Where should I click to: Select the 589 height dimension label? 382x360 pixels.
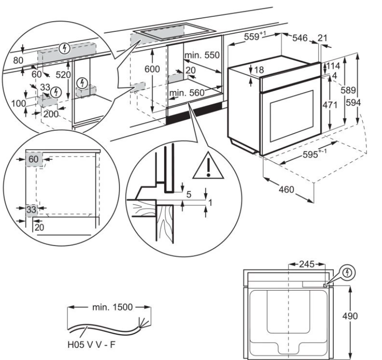click(x=348, y=90)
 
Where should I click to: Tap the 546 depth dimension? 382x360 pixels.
click(x=302, y=39)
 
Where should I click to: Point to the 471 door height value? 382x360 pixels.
click(x=330, y=105)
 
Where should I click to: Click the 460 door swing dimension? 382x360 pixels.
click(x=286, y=190)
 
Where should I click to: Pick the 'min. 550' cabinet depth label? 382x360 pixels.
click(x=202, y=55)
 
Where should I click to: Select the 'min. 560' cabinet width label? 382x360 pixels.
click(x=187, y=93)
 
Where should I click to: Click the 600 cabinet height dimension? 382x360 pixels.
click(x=152, y=69)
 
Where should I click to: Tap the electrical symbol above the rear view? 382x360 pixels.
click(x=348, y=271)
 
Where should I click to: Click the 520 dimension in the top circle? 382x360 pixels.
click(x=62, y=75)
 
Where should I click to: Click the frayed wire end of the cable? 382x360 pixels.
click(x=140, y=322)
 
